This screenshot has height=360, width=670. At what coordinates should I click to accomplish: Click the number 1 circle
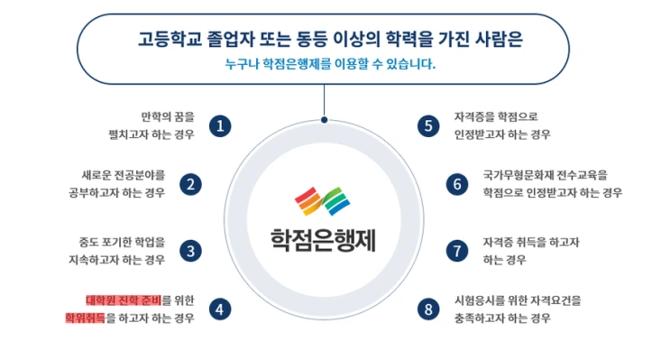tap(219, 125)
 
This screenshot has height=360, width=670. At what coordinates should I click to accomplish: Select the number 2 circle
tap(190, 184)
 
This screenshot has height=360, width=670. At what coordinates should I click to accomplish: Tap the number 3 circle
tap(190, 250)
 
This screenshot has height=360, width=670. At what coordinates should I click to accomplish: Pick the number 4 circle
tap(219, 309)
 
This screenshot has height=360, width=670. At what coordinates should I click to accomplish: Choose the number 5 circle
tap(428, 125)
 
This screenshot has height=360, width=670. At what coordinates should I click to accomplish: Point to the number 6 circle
tap(457, 184)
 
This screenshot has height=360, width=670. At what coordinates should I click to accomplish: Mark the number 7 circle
tap(457, 250)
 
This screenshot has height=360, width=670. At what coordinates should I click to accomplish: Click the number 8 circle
tap(428, 309)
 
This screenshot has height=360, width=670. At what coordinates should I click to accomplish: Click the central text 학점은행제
tap(323, 239)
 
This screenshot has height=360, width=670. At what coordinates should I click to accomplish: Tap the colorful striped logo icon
tap(323, 200)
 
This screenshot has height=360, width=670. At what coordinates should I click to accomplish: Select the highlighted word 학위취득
tap(85, 318)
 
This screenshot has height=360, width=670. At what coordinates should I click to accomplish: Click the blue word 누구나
tap(241, 64)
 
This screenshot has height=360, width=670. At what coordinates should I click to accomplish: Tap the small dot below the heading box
tap(324, 117)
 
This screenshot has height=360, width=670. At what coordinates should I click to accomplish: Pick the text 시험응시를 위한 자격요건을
tap(518, 300)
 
